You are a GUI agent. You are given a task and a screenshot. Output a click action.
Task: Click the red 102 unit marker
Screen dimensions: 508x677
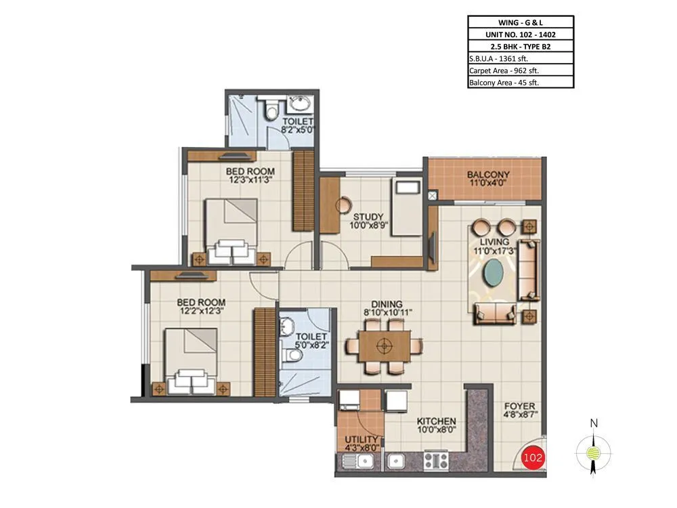[x=533, y=457]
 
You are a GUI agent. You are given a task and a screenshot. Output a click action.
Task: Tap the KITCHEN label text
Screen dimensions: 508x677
[x=435, y=421]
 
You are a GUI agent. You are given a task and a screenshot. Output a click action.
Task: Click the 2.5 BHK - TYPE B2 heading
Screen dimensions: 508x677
[x=520, y=46]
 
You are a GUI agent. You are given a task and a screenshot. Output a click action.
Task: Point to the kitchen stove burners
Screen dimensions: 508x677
[x=435, y=461]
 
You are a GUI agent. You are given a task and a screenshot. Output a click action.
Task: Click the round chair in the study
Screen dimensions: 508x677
[x=345, y=203]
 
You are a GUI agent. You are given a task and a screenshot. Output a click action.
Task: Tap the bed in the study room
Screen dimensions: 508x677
[x=408, y=207]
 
